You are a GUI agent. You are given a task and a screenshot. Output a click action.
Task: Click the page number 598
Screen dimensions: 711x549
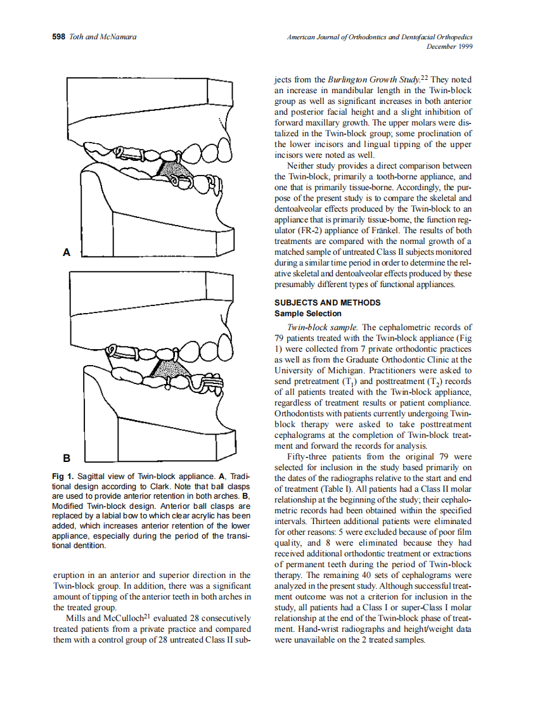point(59,37)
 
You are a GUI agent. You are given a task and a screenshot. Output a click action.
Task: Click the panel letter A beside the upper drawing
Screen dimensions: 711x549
point(66,252)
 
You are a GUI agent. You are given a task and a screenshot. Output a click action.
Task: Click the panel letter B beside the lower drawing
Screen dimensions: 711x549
point(66,457)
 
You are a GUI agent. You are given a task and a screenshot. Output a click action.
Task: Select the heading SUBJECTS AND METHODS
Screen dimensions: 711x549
point(327,303)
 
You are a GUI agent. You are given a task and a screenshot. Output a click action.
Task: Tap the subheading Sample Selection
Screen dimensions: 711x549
point(307,313)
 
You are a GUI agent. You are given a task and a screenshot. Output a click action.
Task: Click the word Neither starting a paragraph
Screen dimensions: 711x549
point(302,167)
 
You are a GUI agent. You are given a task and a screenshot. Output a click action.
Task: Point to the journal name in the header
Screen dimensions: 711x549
point(379,37)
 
